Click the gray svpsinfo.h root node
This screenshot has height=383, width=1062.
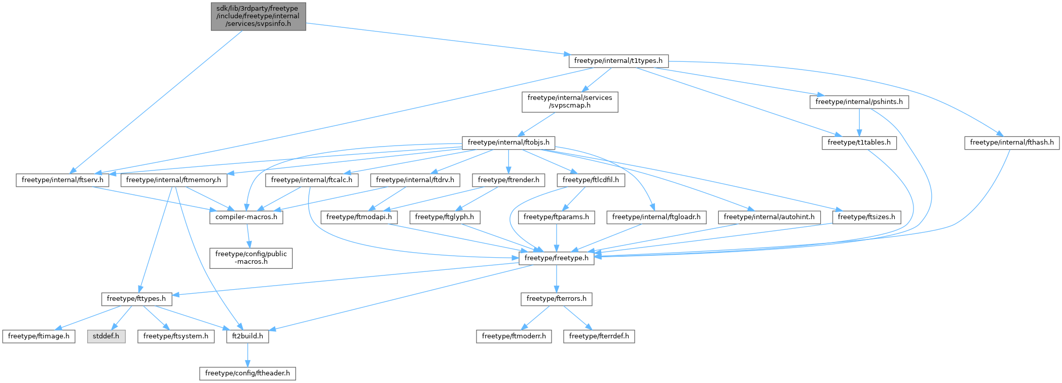tap(258, 16)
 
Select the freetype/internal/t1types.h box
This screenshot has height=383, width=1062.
tap(618, 61)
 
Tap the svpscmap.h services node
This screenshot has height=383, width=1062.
tap(569, 101)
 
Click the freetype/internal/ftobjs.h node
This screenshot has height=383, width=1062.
tap(508, 143)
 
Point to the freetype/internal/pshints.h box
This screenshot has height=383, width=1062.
tap(859, 102)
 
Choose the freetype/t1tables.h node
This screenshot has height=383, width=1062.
tap(859, 143)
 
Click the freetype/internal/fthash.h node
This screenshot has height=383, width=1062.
tap(1011, 143)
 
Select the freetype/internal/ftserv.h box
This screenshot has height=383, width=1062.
tap(62, 180)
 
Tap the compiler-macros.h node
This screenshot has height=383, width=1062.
tap(246, 217)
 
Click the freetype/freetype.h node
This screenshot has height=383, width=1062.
tap(556, 258)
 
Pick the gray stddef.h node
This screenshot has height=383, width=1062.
tap(106, 336)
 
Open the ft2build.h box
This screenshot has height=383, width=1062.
tap(247, 336)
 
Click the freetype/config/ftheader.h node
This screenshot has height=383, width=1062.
tap(247, 374)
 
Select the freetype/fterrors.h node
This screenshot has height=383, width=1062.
tap(556, 299)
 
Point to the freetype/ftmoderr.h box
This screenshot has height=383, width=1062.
tap(514, 336)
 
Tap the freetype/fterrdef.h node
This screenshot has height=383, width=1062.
tap(599, 336)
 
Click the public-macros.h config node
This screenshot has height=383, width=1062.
tap(251, 258)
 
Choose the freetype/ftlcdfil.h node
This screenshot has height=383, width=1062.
tap(591, 180)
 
